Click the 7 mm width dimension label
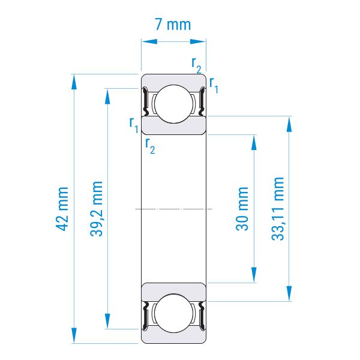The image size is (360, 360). click(173, 25)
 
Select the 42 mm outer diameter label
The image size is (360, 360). click(62, 209)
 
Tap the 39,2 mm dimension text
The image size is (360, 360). click(97, 209)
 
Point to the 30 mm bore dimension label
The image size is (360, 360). click(242, 209)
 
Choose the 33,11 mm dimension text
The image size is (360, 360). click(278, 209)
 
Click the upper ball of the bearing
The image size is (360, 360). click(173, 104)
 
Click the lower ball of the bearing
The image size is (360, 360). click(173, 313)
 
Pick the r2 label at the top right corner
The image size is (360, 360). click(196, 65)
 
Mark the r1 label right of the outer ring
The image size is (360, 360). click(214, 85)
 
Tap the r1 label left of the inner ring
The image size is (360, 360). click(134, 125)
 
